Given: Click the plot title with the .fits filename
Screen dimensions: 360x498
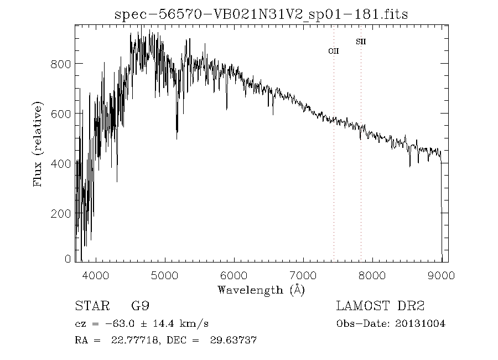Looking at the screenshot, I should (x=261, y=14).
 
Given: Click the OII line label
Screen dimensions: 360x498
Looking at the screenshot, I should (x=334, y=51).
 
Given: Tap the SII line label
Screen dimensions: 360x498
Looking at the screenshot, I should (x=361, y=42).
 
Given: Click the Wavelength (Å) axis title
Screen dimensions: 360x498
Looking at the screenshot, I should (x=261, y=290).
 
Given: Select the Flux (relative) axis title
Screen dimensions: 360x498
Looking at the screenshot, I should (x=38, y=144).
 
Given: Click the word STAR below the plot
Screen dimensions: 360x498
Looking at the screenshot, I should (x=90, y=306).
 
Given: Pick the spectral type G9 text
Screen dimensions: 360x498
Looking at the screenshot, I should (x=139, y=306).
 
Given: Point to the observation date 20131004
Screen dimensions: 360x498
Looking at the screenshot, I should (x=421, y=323).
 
